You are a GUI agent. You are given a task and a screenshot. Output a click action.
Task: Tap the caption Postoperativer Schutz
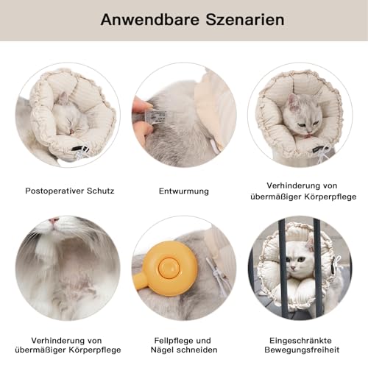(70, 191)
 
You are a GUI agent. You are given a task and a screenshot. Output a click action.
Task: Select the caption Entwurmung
(184, 191)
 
